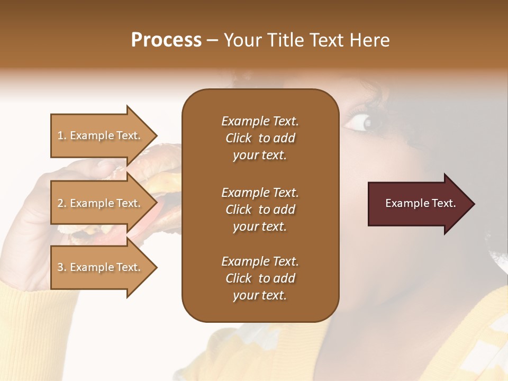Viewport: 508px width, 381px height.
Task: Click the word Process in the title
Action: [x=166, y=40]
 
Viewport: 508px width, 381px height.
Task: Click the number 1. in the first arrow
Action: [x=62, y=135]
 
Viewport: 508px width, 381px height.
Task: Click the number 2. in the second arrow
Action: [x=62, y=203]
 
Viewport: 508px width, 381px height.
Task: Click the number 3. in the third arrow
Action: [x=62, y=267]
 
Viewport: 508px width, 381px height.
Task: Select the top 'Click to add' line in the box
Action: [x=260, y=138]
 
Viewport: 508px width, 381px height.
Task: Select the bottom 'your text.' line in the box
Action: [x=260, y=295]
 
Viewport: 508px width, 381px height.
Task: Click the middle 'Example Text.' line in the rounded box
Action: [x=260, y=193]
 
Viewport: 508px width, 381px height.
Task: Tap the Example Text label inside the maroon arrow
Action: [x=421, y=203]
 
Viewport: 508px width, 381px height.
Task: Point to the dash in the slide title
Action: [x=212, y=41]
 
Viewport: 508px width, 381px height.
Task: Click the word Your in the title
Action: [x=242, y=40]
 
